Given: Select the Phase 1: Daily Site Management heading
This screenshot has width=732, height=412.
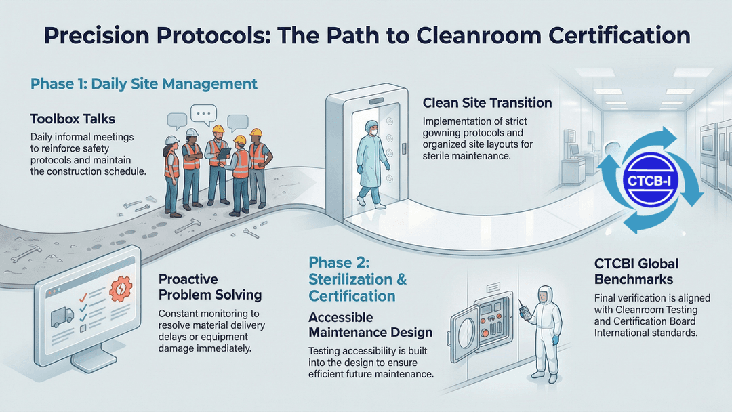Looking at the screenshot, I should pos(144,84).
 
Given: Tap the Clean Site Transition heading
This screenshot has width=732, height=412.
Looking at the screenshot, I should pos(487,103).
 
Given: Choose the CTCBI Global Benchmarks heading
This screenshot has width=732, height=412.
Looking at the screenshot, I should pos(636,271).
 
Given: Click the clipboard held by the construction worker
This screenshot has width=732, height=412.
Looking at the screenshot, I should pos(223,155).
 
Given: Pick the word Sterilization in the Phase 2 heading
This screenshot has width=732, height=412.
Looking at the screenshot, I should pos(350,279).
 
